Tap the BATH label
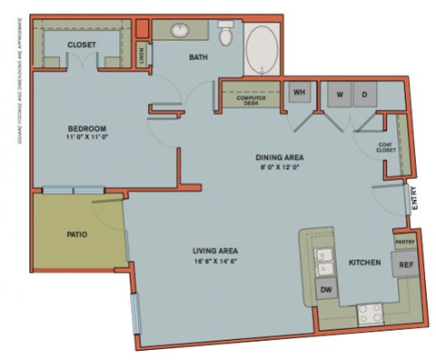point(197,58)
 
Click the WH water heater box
point(298,94)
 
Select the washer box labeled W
point(338,95)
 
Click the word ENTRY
point(414,199)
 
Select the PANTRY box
point(404,242)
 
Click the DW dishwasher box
point(326,291)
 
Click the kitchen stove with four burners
point(370,315)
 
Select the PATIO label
point(77,234)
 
